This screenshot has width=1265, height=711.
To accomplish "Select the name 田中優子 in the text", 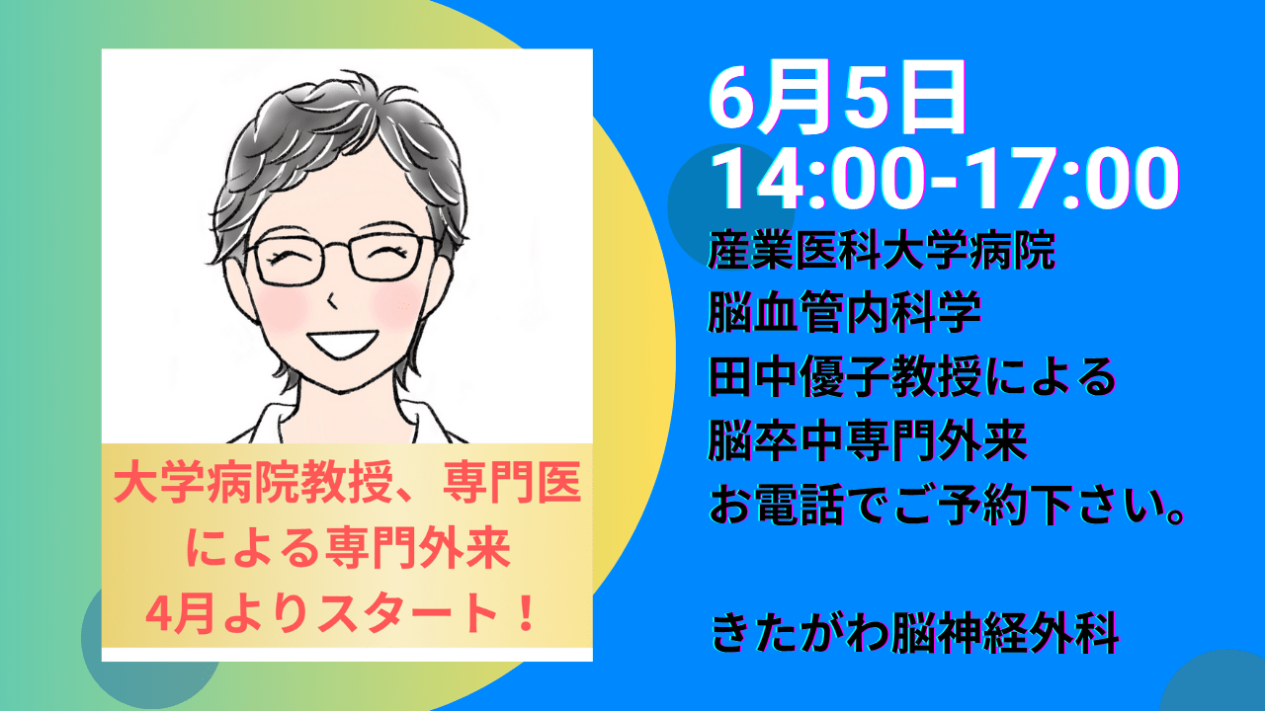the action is pyautogui.click(x=798, y=376).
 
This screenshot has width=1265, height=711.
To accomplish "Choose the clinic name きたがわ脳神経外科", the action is pyautogui.click(x=914, y=633).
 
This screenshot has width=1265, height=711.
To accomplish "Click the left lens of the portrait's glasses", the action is pyautogui.click(x=290, y=263).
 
